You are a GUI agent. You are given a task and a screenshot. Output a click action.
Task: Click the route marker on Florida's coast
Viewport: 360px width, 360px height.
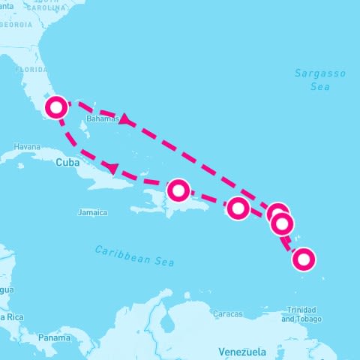click(x=55, y=108)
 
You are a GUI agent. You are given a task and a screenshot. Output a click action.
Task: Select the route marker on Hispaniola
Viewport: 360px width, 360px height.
click(x=178, y=190)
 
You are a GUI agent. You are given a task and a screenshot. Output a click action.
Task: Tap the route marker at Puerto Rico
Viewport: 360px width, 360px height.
click(x=237, y=208)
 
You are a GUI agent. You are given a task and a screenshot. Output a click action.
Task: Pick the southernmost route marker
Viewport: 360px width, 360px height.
click(x=303, y=259)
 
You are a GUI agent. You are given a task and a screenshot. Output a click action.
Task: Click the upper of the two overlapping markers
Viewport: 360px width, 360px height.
click(x=277, y=213)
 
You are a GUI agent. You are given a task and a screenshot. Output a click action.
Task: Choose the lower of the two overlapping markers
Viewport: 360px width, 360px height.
click(x=282, y=223)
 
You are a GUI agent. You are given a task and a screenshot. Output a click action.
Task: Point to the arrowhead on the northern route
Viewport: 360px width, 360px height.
click(x=126, y=119)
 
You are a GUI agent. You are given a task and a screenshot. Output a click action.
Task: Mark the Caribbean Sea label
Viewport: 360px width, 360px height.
click(x=135, y=256)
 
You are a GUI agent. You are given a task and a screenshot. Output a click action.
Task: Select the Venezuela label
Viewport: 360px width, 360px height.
click(x=242, y=351)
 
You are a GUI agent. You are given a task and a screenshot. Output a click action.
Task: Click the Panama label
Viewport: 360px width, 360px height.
click(x=55, y=337)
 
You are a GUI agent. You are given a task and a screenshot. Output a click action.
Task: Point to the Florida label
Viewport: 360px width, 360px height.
click(x=31, y=68)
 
